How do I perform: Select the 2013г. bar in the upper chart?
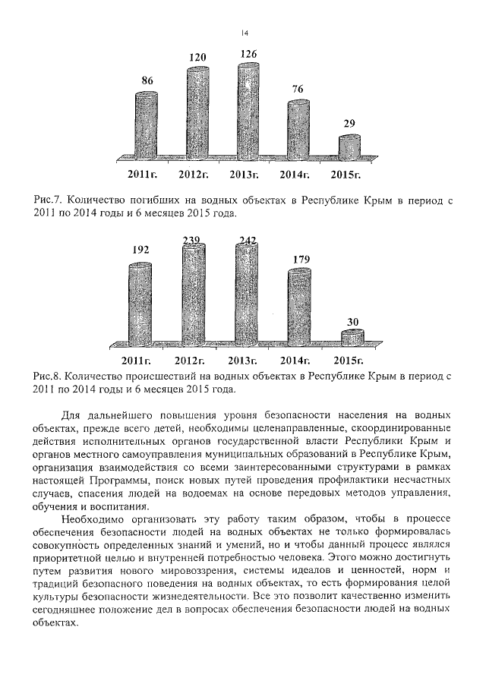[248, 112]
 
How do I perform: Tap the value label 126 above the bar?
[248, 54]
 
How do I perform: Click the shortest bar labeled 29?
[349, 147]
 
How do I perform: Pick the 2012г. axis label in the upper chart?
[194, 175]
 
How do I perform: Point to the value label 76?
[298, 89]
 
